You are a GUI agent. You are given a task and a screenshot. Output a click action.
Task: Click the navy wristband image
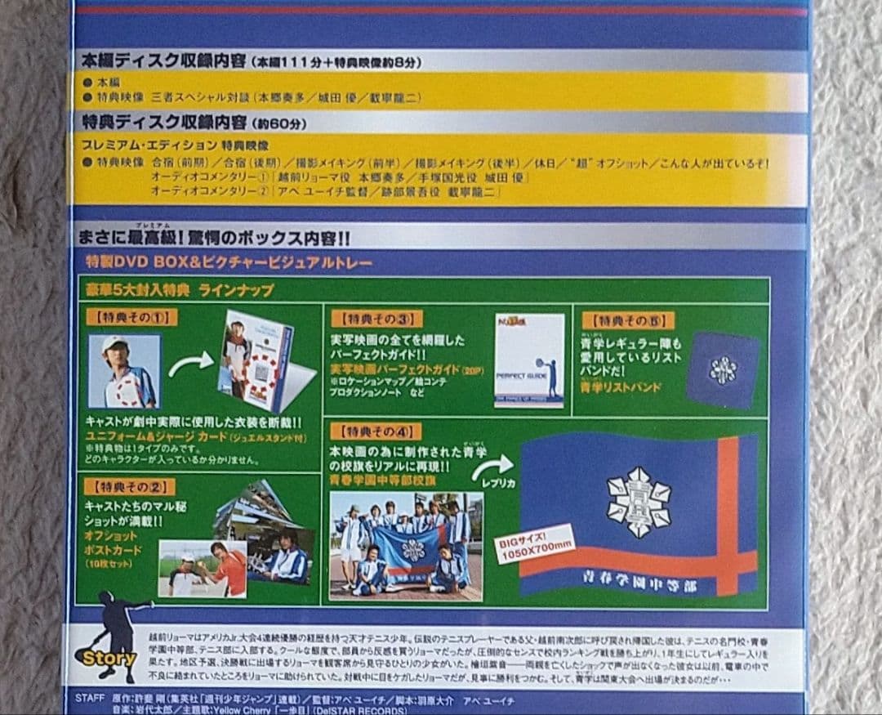coord(722,369)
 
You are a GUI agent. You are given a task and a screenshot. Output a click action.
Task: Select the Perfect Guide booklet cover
coord(529,360)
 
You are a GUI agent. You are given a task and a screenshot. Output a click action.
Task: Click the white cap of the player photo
coord(115,343)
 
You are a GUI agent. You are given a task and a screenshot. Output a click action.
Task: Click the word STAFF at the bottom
coord(89,697)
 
